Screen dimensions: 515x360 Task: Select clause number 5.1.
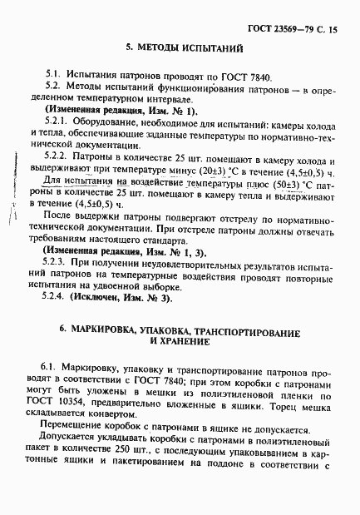pyautogui.click(x=54, y=75)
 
